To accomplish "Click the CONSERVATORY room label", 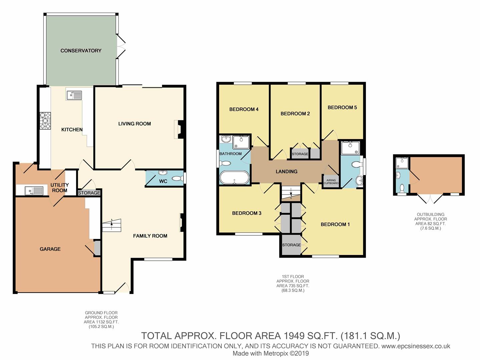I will tap(81, 51).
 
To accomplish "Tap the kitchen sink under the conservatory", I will tap(74, 95).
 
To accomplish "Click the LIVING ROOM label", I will tap(134, 124).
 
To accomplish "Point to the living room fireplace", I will tap(179, 130).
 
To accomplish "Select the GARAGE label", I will tap(50, 249).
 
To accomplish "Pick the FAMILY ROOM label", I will tap(150, 236).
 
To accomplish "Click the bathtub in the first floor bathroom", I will tap(234, 178).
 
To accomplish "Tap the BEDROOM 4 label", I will tap(244, 109).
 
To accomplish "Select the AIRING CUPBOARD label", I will tap(331, 182).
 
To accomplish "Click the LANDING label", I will tap(286, 172).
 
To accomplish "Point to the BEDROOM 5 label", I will tap(342, 107).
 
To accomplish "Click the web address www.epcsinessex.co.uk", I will tap(416, 346).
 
